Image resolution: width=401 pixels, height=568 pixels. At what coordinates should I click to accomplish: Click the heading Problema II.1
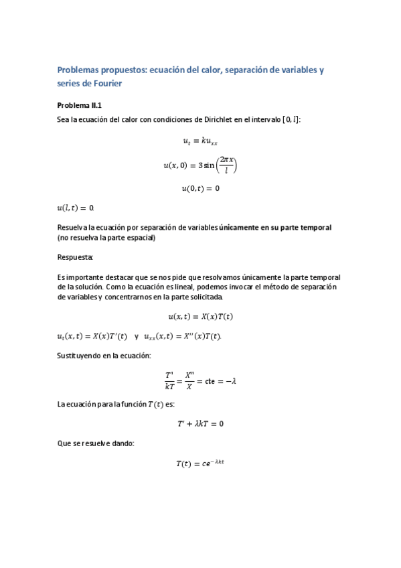pyautogui.click(x=79, y=105)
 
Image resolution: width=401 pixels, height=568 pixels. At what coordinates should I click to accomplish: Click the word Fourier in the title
pyautogui.click(x=104, y=84)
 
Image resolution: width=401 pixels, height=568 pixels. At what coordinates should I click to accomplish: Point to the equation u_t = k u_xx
pyautogui.click(x=200, y=141)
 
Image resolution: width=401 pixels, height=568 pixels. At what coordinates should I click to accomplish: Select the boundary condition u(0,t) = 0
pyautogui.click(x=200, y=189)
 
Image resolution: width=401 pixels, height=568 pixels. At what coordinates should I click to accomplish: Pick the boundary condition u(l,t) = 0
pyautogui.click(x=76, y=208)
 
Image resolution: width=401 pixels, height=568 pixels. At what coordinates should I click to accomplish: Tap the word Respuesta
pyautogui.click(x=75, y=257)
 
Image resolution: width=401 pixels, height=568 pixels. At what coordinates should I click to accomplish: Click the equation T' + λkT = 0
pyautogui.click(x=200, y=424)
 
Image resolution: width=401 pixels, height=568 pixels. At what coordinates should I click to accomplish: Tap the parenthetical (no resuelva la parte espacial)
pyautogui.click(x=106, y=237)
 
